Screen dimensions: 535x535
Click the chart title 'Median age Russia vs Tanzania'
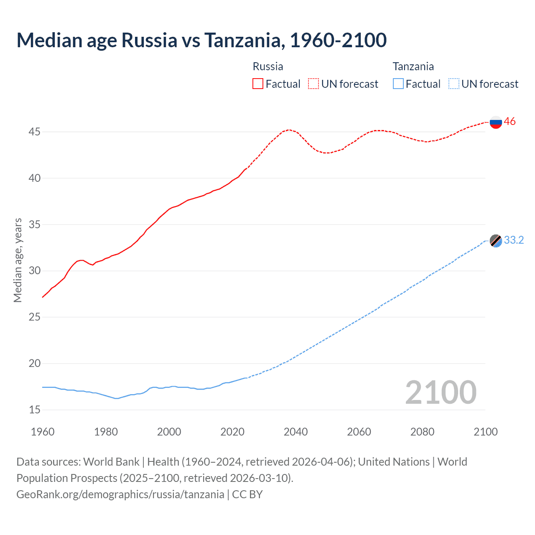click(x=201, y=40)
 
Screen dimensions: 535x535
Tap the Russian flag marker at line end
click(x=496, y=122)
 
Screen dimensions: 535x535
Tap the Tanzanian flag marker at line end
click(x=496, y=241)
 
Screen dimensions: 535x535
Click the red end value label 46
click(x=510, y=122)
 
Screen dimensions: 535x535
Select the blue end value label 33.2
click(x=514, y=240)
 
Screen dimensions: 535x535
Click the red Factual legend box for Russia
click(x=258, y=84)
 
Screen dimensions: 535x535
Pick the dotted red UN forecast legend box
click(x=313, y=84)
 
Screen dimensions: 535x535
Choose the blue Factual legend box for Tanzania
click(x=398, y=84)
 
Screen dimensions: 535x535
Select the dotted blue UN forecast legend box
click(x=454, y=84)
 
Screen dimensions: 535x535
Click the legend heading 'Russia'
click(x=268, y=66)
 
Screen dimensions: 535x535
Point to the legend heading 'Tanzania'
click(x=413, y=66)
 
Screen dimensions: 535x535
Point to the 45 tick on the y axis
click(x=34, y=132)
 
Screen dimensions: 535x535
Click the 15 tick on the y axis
click(x=34, y=410)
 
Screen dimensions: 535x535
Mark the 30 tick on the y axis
click(x=34, y=271)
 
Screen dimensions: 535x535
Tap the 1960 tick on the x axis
click(x=43, y=432)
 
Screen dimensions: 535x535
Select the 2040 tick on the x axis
click(x=296, y=432)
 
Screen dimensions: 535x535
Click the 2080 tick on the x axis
click(x=422, y=432)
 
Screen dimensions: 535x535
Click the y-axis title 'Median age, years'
click(x=18, y=260)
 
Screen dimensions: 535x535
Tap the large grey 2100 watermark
click(x=441, y=392)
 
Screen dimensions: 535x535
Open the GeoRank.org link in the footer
click(x=120, y=494)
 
